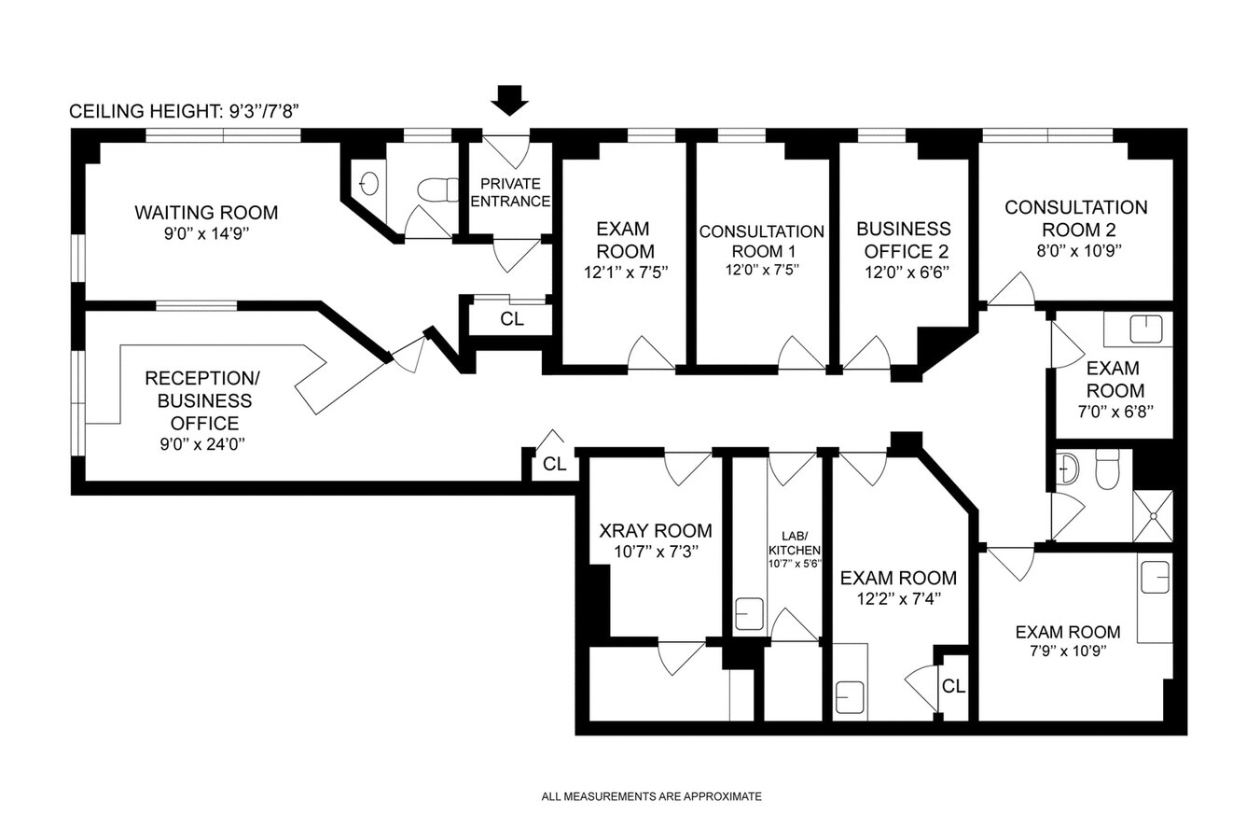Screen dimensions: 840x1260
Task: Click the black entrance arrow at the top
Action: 510,99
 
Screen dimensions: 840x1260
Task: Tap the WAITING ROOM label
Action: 206,213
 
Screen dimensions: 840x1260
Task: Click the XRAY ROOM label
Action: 655,530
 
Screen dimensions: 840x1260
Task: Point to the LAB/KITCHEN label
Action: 794,543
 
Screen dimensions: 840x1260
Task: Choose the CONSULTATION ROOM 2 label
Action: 1075,217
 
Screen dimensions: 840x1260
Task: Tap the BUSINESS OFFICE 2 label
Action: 903,240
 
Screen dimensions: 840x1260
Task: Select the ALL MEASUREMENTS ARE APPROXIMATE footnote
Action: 651,796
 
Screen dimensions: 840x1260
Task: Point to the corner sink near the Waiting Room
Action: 368,183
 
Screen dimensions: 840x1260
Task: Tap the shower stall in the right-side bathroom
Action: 1153,515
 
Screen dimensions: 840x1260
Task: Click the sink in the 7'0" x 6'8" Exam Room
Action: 1145,329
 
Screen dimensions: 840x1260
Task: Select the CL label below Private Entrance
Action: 512,319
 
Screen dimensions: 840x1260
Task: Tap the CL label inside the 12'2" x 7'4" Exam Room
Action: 953,687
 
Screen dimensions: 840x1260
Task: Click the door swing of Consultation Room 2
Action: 1013,290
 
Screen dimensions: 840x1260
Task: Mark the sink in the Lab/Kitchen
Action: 749,614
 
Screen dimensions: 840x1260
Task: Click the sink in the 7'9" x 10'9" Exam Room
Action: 1155,576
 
